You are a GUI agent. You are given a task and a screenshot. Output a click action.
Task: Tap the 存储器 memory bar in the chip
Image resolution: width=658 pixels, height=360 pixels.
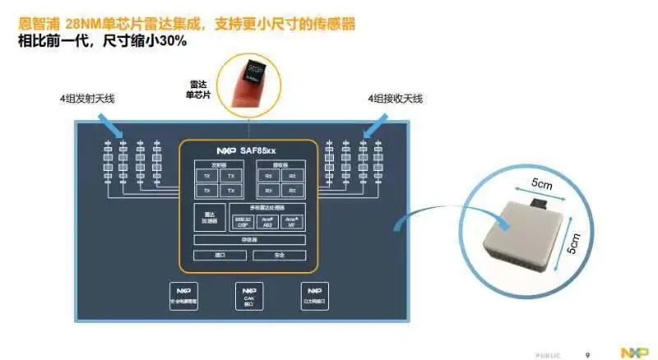248,239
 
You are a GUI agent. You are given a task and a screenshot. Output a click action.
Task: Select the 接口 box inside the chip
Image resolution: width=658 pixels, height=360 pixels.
219,256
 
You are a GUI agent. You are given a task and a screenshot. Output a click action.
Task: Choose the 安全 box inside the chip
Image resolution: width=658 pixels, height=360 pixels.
279,256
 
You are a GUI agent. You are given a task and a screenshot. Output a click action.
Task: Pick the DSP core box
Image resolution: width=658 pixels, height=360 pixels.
243,221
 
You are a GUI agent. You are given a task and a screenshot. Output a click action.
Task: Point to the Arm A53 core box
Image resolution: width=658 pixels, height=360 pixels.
267,221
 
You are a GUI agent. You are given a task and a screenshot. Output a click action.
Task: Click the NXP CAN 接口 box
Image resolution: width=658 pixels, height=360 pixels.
249,296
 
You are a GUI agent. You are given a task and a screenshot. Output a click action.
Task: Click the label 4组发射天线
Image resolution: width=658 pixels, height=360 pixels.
86,99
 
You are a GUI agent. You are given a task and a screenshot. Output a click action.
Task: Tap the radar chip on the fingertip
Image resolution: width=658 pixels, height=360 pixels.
248,67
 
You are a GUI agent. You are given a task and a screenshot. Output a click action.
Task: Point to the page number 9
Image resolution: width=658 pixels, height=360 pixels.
586,353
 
